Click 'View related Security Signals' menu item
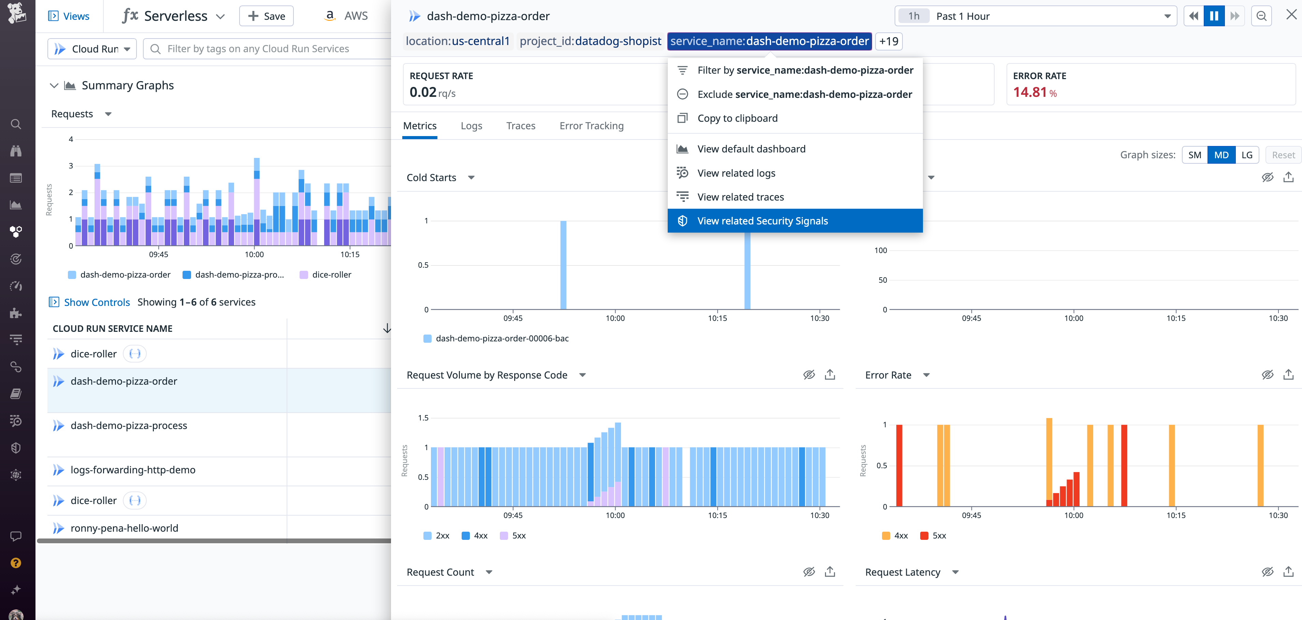pyautogui.click(x=762, y=221)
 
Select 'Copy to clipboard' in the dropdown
pyautogui.click(x=737, y=118)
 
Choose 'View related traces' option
pyautogui.click(x=740, y=197)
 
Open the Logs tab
pyautogui.click(x=471, y=126)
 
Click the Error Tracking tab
pyautogui.click(x=591, y=126)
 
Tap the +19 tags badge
pyautogui.click(x=888, y=41)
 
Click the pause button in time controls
pyautogui.click(x=1214, y=16)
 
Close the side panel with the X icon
pyautogui.click(x=1291, y=15)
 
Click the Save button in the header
pyautogui.click(x=266, y=16)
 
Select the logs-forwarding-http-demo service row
pyautogui.click(x=133, y=470)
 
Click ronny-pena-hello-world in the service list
pyautogui.click(x=124, y=528)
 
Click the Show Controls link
pyautogui.click(x=97, y=302)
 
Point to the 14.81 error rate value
pyautogui.click(x=1030, y=92)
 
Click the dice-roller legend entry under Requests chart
pyautogui.click(x=331, y=275)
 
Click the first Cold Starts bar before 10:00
pyautogui.click(x=563, y=265)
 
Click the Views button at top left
pyautogui.click(x=69, y=16)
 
